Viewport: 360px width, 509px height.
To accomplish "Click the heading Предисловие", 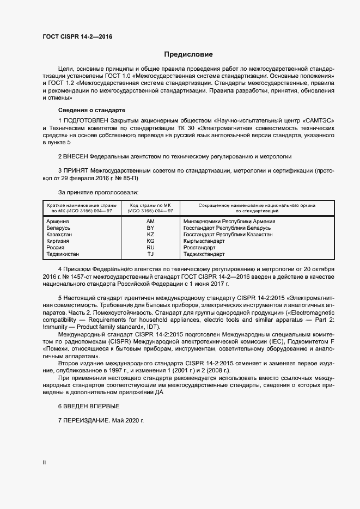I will [188, 54].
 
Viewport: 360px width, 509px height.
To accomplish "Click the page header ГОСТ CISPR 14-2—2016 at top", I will [77, 37].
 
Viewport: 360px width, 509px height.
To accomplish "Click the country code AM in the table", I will [151, 222].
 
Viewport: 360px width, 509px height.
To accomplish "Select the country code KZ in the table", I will [151, 235].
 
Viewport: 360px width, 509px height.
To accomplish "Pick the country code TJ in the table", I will [151, 254].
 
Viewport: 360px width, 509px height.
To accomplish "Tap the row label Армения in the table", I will [58, 222].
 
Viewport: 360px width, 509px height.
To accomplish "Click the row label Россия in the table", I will [56, 248].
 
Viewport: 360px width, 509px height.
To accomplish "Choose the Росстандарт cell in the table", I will [199, 248].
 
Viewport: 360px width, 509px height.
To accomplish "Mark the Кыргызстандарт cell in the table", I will [204, 241].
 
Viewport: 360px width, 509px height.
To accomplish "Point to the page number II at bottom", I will [44, 463].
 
